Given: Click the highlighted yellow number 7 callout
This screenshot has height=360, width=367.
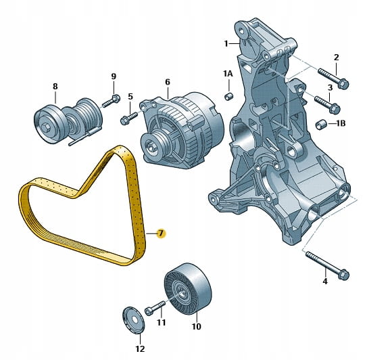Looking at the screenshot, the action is (161, 233).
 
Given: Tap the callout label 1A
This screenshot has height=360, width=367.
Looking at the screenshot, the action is (228, 74).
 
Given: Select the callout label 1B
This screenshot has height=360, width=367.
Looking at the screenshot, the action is (341, 123).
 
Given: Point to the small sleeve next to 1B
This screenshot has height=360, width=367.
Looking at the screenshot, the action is (320, 125).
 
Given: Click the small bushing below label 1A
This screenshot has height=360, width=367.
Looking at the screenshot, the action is (228, 96).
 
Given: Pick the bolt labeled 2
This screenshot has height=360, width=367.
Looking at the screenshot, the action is (333, 77).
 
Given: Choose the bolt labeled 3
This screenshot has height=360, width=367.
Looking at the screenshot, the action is (327, 104).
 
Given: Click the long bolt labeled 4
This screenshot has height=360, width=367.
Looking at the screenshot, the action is (327, 266).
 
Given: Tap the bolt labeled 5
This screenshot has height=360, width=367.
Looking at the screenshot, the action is (129, 118).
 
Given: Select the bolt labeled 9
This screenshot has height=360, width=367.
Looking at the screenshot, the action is (111, 101).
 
